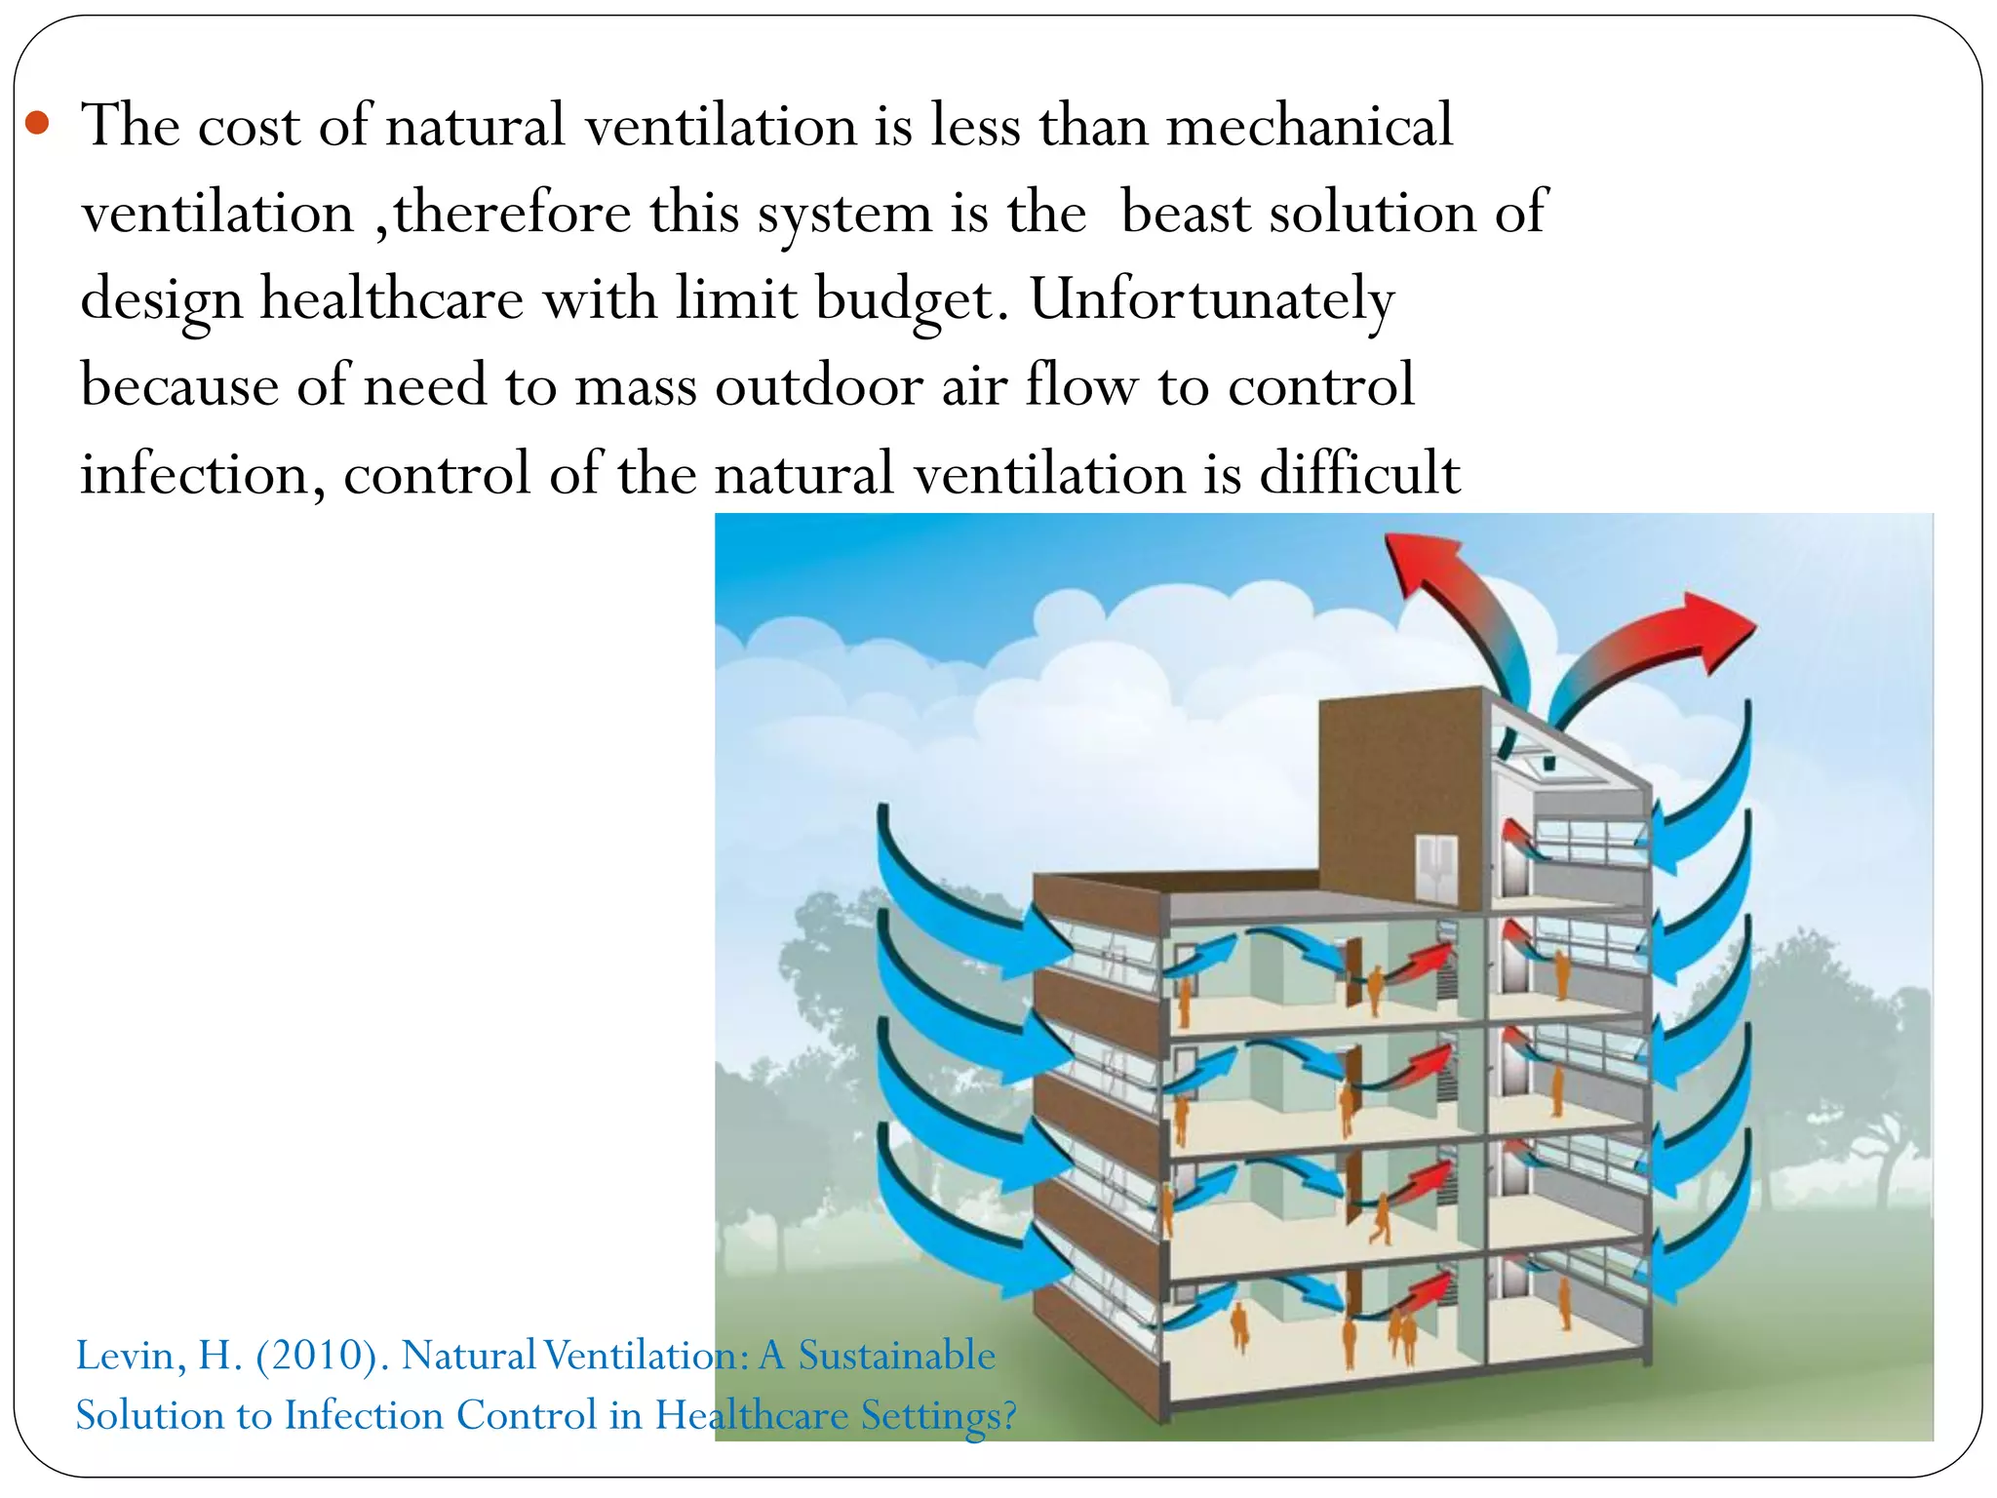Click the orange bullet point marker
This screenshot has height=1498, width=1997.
pyautogui.click(x=37, y=124)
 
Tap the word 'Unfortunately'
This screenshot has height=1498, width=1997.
pyautogui.click(x=1212, y=299)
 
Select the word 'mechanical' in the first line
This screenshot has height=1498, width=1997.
pyautogui.click(x=1309, y=126)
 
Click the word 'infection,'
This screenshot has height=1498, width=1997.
pyautogui.click(x=202, y=475)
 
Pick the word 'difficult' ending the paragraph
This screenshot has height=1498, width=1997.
pyautogui.click(x=1359, y=473)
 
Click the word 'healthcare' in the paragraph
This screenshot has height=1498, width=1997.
pyautogui.click(x=391, y=299)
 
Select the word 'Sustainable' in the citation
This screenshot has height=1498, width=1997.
pyautogui.click(x=896, y=1356)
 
